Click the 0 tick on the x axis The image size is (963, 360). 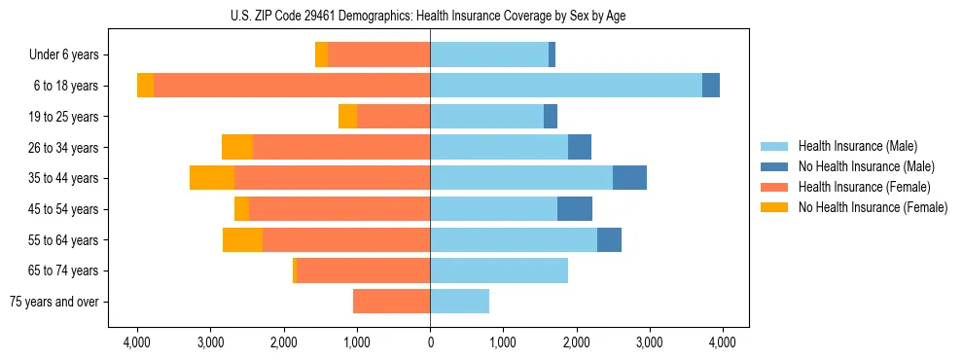click(430, 342)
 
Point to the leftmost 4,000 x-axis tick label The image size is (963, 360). click(137, 342)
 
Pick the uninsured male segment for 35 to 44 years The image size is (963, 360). click(629, 178)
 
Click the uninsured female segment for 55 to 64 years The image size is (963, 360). click(242, 240)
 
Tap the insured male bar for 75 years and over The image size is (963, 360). click(459, 302)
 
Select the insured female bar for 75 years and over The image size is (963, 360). click(391, 302)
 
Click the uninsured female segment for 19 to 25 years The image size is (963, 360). click(347, 117)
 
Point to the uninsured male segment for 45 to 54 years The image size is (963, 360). click(575, 209)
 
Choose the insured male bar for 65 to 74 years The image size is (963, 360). click(499, 270)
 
